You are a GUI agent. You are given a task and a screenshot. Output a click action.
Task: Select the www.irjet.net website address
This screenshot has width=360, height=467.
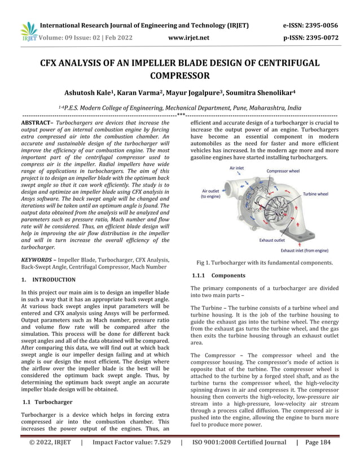[x=188, y=38]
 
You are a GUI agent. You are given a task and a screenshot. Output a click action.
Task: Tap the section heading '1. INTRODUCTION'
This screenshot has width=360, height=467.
[x=48, y=280]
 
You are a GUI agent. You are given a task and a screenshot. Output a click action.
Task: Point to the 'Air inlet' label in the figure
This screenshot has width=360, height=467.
[x=237, y=168]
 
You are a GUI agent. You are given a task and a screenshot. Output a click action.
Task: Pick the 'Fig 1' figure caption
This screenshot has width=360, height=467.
[x=264, y=263]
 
